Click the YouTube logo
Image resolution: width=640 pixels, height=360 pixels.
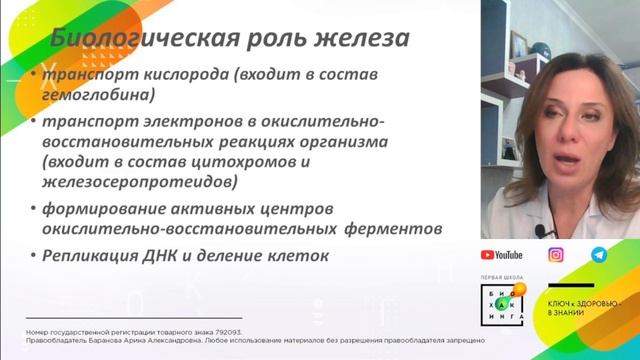[x=502, y=255]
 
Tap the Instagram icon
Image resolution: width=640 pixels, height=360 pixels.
[x=556, y=255]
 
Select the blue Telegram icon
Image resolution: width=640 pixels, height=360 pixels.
[x=598, y=255]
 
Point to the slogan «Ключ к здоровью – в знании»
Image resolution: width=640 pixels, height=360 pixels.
[x=587, y=306]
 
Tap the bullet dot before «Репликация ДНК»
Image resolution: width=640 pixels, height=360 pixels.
[x=32, y=256]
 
